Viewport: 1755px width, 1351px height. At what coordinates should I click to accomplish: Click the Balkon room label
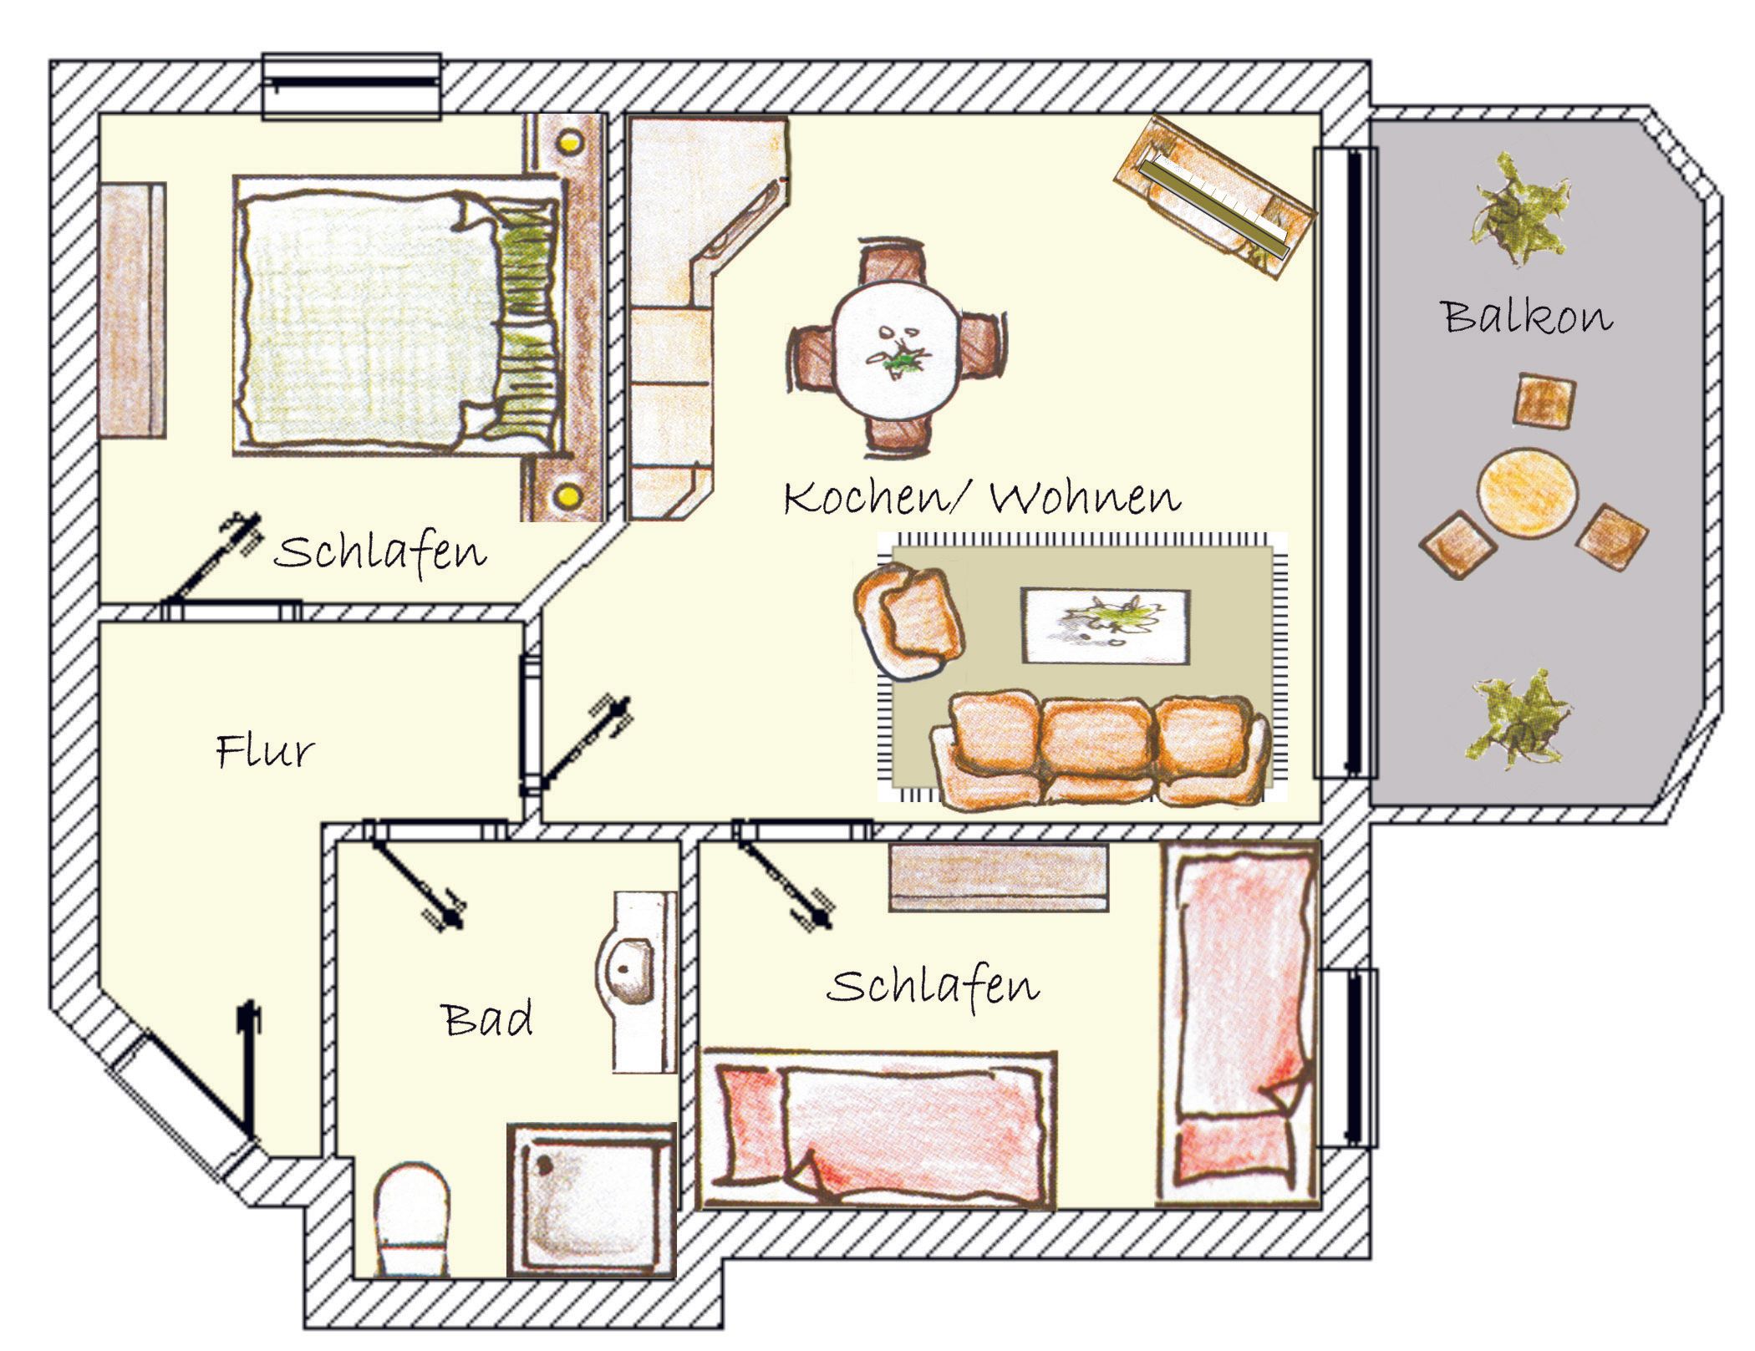1526,317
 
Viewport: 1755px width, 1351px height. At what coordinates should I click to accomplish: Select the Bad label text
487,1019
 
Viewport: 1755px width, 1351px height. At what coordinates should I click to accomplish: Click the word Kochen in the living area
866,498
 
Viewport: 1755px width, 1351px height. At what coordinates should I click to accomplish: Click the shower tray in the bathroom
591,1198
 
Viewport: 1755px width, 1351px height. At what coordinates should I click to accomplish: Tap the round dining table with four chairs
897,348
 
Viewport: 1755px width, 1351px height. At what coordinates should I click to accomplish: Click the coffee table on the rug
1106,626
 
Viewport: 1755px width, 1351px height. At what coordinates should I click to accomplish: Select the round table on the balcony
1527,494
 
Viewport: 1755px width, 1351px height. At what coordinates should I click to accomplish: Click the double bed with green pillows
397,315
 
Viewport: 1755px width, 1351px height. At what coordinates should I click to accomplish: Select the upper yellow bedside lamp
570,142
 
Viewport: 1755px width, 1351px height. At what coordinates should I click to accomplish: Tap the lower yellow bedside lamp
568,497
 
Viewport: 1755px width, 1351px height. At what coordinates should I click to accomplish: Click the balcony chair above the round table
1544,401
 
